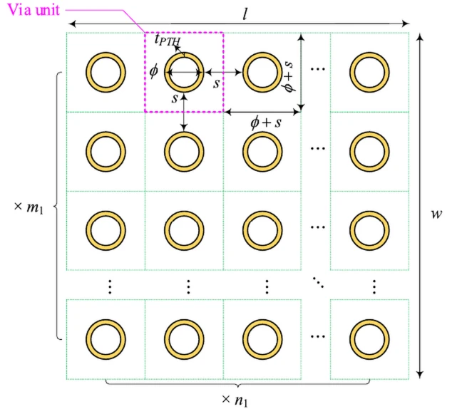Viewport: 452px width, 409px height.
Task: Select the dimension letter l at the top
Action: coord(245,14)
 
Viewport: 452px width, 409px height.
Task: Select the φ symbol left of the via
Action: coord(153,72)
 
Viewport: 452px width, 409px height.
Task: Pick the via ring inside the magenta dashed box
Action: coord(184,72)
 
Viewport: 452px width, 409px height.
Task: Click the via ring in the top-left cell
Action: coord(106,72)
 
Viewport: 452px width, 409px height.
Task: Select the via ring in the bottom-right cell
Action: coord(369,338)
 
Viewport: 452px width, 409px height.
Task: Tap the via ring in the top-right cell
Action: coord(369,72)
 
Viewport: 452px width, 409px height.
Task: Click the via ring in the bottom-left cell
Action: coord(106,338)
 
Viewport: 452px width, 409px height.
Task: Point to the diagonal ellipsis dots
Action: coord(318,285)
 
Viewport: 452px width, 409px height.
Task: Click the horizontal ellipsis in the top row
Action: coord(318,70)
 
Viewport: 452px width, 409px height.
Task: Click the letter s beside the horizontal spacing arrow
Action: coord(216,83)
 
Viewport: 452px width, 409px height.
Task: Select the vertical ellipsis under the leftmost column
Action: coord(109,286)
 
